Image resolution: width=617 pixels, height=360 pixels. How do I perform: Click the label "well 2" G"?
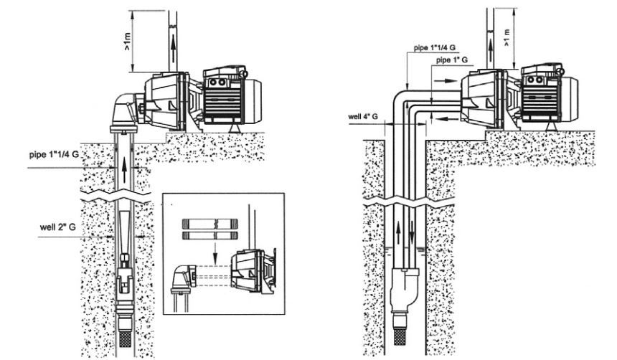(x=59, y=229)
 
